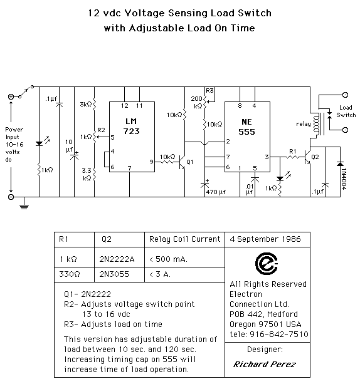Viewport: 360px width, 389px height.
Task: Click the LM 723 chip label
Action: click(x=132, y=127)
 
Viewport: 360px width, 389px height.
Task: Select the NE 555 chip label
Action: click(x=246, y=127)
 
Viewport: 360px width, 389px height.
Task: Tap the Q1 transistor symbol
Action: click(x=183, y=162)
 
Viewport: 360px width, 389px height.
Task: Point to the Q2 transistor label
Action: click(x=315, y=157)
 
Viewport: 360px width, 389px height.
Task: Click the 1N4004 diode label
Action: click(x=344, y=179)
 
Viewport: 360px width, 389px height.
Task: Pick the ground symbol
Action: click(x=24, y=205)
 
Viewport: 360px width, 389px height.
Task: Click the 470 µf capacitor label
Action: click(x=216, y=192)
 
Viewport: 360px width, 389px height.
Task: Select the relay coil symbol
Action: click(x=317, y=125)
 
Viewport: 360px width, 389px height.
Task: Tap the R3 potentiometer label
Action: click(x=209, y=91)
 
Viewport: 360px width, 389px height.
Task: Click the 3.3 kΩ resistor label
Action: click(x=87, y=174)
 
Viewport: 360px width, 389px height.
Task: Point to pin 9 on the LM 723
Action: click(x=151, y=162)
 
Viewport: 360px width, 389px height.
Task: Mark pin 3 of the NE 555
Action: click(x=267, y=157)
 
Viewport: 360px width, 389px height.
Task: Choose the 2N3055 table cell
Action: click(x=114, y=274)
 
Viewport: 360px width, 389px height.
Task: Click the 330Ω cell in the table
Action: click(x=70, y=274)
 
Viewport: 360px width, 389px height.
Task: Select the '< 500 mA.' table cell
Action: click(x=168, y=259)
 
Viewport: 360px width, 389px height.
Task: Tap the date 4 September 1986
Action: click(x=265, y=239)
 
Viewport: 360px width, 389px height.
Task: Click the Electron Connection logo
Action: click(x=267, y=264)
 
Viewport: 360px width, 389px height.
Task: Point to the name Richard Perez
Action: click(x=265, y=364)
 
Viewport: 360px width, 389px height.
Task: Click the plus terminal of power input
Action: click(x=11, y=96)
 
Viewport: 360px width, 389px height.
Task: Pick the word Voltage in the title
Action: click(x=145, y=13)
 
